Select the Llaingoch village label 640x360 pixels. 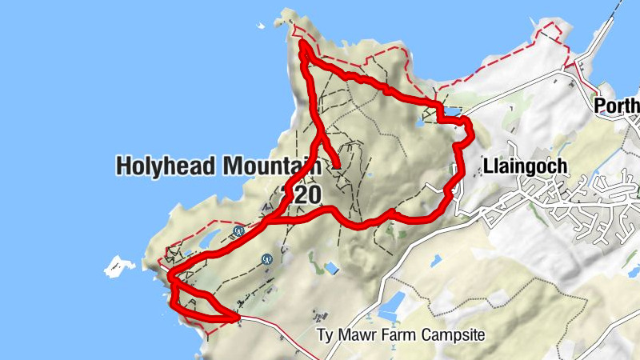tap(526, 166)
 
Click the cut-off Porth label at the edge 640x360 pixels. tap(617, 106)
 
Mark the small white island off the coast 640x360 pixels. tap(120, 266)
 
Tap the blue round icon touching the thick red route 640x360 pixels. tap(238, 231)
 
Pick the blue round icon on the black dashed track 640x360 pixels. tap(266, 259)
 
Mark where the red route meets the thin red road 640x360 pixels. tap(238, 318)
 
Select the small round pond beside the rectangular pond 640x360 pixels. tap(419, 123)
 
